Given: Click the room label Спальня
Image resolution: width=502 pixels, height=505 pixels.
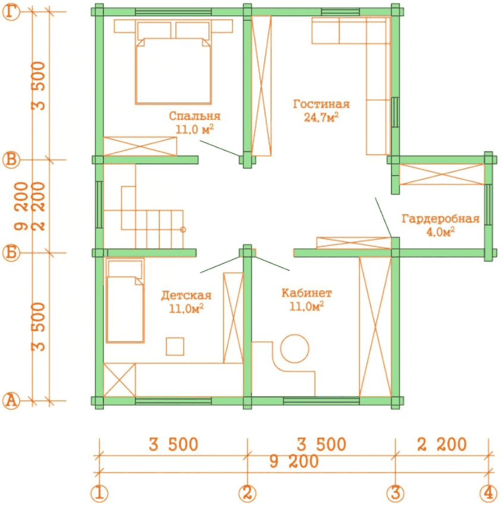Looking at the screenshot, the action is [x=194, y=116].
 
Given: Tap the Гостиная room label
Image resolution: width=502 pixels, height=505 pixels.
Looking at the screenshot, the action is [x=321, y=104].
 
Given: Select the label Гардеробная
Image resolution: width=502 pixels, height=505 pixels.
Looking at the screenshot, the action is [x=440, y=219].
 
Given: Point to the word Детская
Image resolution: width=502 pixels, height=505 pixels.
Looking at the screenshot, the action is [x=186, y=296].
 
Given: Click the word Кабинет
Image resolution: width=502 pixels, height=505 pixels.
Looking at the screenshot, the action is [x=307, y=293].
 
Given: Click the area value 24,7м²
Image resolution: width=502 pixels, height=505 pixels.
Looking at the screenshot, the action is [x=321, y=117].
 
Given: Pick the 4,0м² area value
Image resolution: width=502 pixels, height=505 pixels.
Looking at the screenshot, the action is [x=440, y=231].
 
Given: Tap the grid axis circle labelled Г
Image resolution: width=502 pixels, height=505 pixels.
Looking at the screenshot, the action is [x=11, y=12].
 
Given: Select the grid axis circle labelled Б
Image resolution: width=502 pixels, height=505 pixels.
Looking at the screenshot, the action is [x=11, y=253].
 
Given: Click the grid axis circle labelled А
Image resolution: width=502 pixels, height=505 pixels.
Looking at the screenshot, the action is [x=11, y=401].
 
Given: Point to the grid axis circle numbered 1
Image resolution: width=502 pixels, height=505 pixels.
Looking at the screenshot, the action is [x=99, y=493].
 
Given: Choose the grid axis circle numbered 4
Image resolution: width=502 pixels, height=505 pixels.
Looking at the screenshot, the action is [x=488, y=493].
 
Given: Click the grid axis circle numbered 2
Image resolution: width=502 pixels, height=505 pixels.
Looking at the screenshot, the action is [x=247, y=493].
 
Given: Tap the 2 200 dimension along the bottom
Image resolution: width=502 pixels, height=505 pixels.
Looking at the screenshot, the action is [x=442, y=444].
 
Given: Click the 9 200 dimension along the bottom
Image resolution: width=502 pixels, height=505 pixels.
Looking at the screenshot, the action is [x=294, y=462].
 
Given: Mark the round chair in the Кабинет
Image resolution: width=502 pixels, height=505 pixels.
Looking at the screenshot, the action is [x=295, y=348].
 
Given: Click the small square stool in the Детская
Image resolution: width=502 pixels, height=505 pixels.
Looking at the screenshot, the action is [x=175, y=347].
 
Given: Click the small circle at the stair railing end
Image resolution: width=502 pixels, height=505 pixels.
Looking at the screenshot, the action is [x=183, y=230].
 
